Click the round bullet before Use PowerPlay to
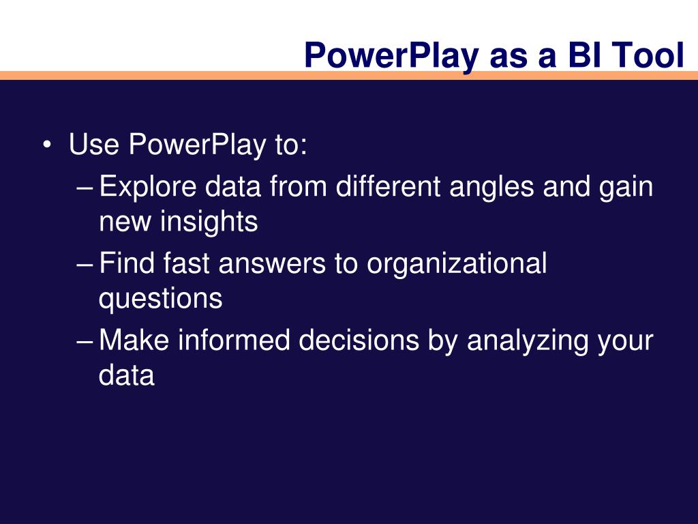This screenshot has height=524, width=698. pos(47,145)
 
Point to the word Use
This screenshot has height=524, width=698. pos(94,145)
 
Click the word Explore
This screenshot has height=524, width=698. pos(147,188)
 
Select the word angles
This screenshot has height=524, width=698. pos(491,188)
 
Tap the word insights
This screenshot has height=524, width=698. pos(209,222)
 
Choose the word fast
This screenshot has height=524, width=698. pos(186,263)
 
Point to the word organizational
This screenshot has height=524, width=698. pos(457,265)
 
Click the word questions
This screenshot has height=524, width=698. pos(160,300)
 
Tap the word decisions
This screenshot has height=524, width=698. pos(359,340)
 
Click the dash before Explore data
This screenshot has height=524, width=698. pos(85,188)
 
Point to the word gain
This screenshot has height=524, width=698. pos(626,188)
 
